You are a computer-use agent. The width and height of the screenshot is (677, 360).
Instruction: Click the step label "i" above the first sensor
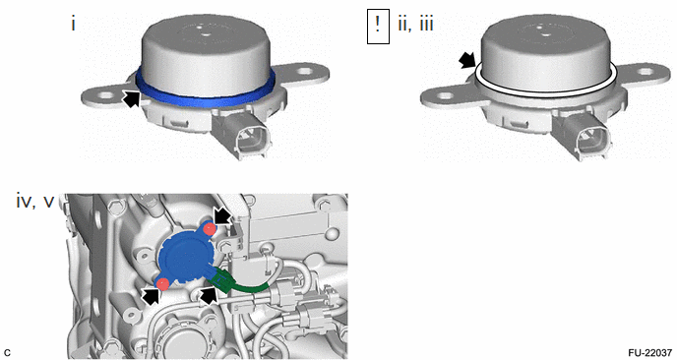74,24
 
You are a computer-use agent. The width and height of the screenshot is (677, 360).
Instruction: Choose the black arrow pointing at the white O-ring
465,61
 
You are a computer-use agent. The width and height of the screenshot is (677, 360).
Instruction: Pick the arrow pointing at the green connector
208,294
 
